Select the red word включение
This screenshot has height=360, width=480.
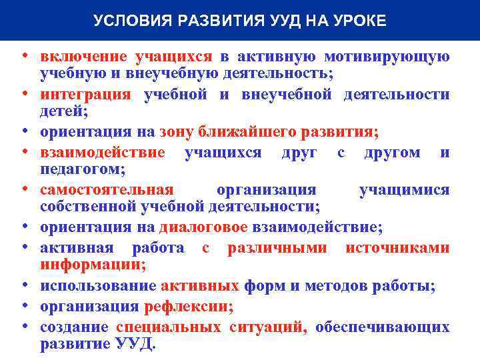84,57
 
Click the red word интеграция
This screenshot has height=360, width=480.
85,95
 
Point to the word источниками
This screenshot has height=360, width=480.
397,248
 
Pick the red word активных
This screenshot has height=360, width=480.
200,287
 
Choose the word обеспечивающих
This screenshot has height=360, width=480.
382,327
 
